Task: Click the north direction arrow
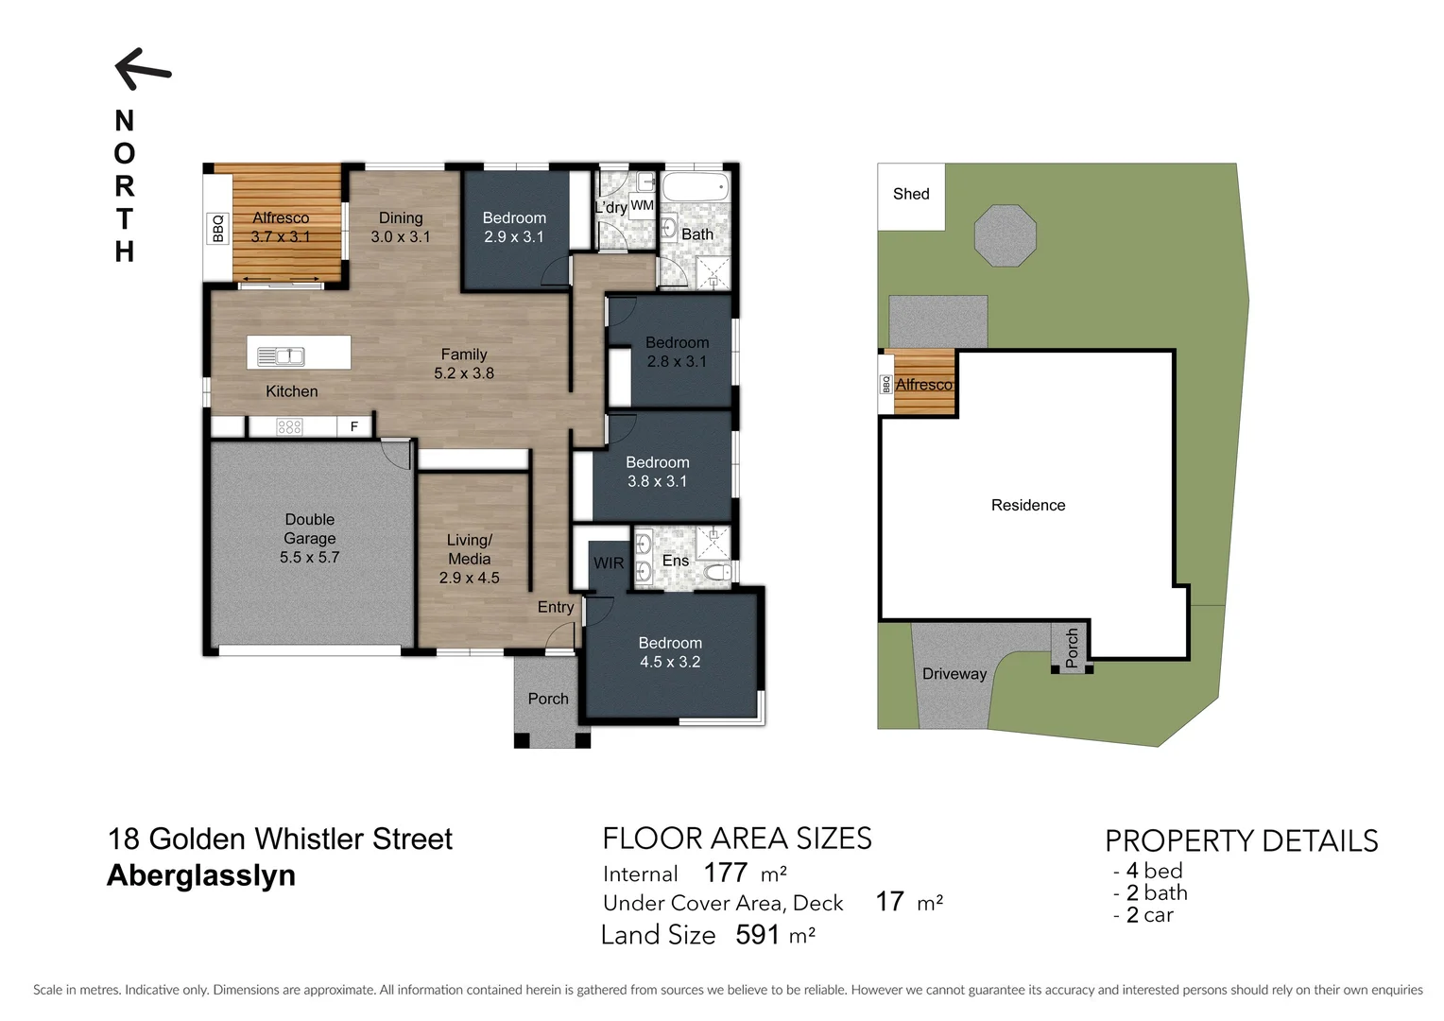point(143,69)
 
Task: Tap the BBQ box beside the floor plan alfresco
point(218,228)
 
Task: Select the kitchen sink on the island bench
point(281,356)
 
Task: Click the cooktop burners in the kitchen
point(289,426)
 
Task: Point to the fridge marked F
point(354,426)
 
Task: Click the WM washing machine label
point(642,205)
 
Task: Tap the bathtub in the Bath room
point(695,186)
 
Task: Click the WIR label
point(609,563)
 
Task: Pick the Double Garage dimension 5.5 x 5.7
point(309,558)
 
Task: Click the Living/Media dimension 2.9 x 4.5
point(469,578)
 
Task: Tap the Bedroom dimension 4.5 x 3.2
point(670,662)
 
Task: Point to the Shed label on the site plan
point(911,194)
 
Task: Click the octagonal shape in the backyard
point(1006,235)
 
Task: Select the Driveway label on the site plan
point(954,674)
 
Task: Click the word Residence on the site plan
point(1028,505)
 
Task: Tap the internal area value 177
point(726,872)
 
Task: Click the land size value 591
point(758,935)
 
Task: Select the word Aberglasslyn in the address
point(201,875)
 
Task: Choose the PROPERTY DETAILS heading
point(1241,840)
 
